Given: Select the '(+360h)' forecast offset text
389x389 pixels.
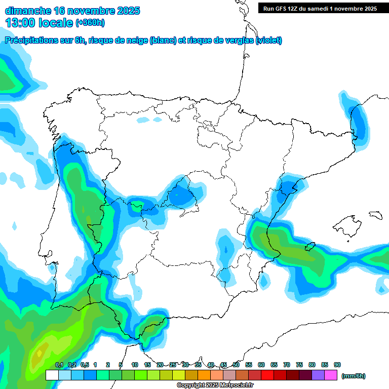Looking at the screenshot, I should tap(90, 23).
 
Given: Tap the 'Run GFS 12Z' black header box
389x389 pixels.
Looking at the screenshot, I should tap(319, 9).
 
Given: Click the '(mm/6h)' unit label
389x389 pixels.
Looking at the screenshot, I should tap(353, 376).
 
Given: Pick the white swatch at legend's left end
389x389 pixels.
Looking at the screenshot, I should tap(52, 375).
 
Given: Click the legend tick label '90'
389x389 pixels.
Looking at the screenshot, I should tap(337, 365).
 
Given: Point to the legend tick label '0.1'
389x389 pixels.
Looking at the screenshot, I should tap(59, 365).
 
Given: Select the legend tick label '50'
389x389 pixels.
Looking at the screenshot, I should tap(236, 365).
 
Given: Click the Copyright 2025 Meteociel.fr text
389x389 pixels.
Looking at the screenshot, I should tap(215, 385).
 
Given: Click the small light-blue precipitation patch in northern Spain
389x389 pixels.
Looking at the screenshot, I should tap(144, 120).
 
